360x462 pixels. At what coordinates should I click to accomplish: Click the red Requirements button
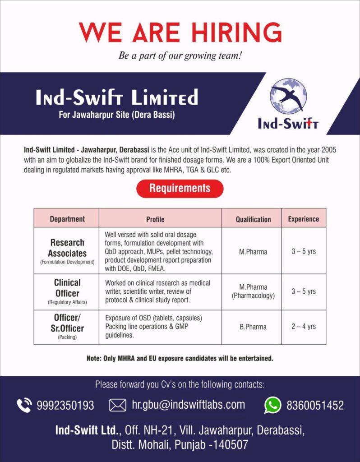pyautogui.click(x=180, y=188)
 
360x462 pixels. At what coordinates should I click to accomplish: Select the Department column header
pyautogui.click(x=67, y=219)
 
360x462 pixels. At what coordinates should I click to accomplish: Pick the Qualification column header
pyautogui.click(x=253, y=219)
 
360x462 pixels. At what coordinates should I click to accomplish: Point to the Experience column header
pyautogui.click(x=303, y=219)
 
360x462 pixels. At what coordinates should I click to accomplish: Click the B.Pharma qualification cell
pyautogui.click(x=253, y=327)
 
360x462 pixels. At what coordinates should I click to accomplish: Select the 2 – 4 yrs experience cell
pyautogui.click(x=303, y=327)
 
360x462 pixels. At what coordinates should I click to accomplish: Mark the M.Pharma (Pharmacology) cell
pyautogui.click(x=253, y=291)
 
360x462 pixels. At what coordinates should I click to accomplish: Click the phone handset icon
pyautogui.click(x=24, y=405)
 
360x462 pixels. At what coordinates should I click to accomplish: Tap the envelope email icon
pyautogui.click(x=118, y=405)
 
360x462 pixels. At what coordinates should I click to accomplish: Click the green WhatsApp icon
pyautogui.click(x=272, y=405)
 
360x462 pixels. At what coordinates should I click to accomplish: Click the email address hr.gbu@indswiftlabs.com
pyautogui.click(x=188, y=405)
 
